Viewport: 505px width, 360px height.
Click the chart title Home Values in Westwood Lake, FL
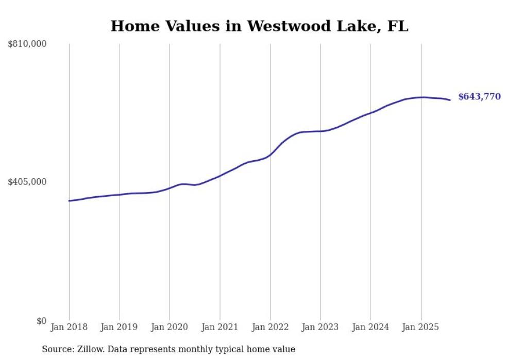tap(259, 26)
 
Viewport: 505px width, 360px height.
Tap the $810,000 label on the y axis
tap(27, 44)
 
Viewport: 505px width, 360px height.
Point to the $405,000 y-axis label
tap(27, 182)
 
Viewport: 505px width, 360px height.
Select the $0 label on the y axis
tap(41, 321)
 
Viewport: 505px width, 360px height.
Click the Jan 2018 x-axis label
tap(69, 327)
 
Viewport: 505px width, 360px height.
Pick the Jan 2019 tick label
tap(120, 327)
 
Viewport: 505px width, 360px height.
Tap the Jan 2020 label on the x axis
tap(170, 327)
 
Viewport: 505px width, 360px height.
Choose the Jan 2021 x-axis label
tap(220, 327)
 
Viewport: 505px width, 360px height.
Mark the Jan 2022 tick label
tap(270, 327)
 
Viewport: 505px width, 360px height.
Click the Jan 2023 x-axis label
tap(321, 327)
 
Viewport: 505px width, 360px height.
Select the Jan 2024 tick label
tap(371, 327)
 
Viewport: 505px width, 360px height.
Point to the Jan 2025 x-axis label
tap(421, 327)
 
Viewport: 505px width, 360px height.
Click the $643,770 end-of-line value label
tap(479, 97)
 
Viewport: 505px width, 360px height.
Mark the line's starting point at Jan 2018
tap(69, 201)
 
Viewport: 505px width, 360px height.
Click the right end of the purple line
tap(450, 100)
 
